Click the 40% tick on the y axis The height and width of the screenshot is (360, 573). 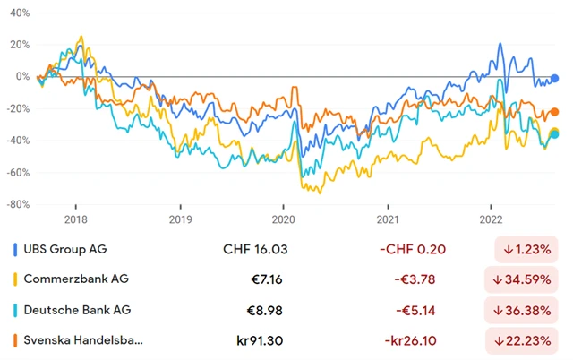[x=20, y=14]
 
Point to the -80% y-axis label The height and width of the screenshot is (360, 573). [x=18, y=204]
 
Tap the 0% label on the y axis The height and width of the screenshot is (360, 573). [x=22, y=77]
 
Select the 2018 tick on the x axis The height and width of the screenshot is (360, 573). [x=75, y=219]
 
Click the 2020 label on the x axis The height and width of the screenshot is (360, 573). [x=283, y=219]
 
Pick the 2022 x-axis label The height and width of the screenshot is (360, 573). [x=491, y=219]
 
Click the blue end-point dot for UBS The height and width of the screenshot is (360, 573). [x=555, y=79]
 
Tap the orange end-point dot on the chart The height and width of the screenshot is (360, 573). [x=555, y=112]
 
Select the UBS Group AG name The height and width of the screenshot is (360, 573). [x=73, y=249]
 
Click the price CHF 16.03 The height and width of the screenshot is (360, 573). [x=254, y=249]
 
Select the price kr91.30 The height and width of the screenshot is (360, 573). [x=260, y=340]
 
